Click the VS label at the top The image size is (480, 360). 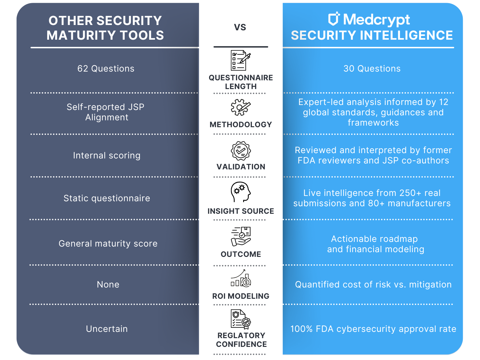(240, 27)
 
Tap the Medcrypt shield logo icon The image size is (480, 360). (334, 19)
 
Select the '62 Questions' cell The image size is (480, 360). (106, 69)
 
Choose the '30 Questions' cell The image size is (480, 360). (372, 69)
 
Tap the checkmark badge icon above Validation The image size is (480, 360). (241, 151)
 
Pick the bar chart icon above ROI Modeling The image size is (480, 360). (241, 279)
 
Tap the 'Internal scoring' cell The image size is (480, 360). (107, 156)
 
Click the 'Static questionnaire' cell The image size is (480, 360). (107, 198)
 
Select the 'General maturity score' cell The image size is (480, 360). (108, 244)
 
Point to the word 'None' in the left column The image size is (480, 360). (108, 285)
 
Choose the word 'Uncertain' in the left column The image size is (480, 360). (107, 329)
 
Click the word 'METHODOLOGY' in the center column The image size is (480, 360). (241, 125)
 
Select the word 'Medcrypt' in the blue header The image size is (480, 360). (376, 20)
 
